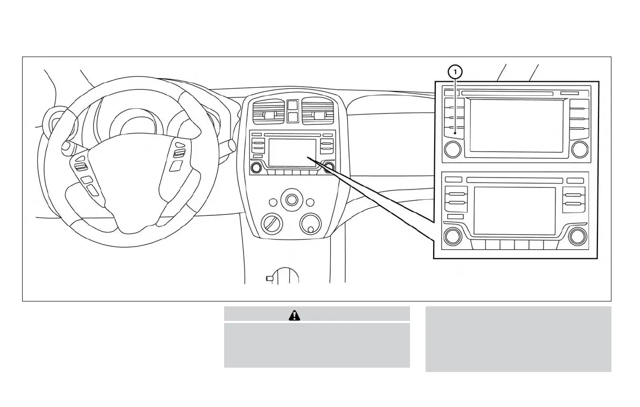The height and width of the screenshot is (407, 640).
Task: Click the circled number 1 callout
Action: click(x=456, y=71)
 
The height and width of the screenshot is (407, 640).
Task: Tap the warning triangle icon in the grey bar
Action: click(x=294, y=315)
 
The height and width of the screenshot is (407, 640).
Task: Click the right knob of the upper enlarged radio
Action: click(x=580, y=149)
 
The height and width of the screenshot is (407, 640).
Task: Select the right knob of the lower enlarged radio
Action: click(x=578, y=235)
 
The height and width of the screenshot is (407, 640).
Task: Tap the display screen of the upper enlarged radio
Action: click(x=516, y=125)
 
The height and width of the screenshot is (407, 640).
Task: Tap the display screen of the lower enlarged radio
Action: click(x=514, y=210)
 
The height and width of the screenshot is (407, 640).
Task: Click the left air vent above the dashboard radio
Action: click(x=268, y=115)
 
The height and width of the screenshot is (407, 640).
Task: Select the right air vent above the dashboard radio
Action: click(x=317, y=115)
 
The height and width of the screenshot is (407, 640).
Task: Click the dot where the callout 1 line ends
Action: click(x=456, y=132)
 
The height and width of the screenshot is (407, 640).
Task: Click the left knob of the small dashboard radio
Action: click(x=256, y=167)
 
